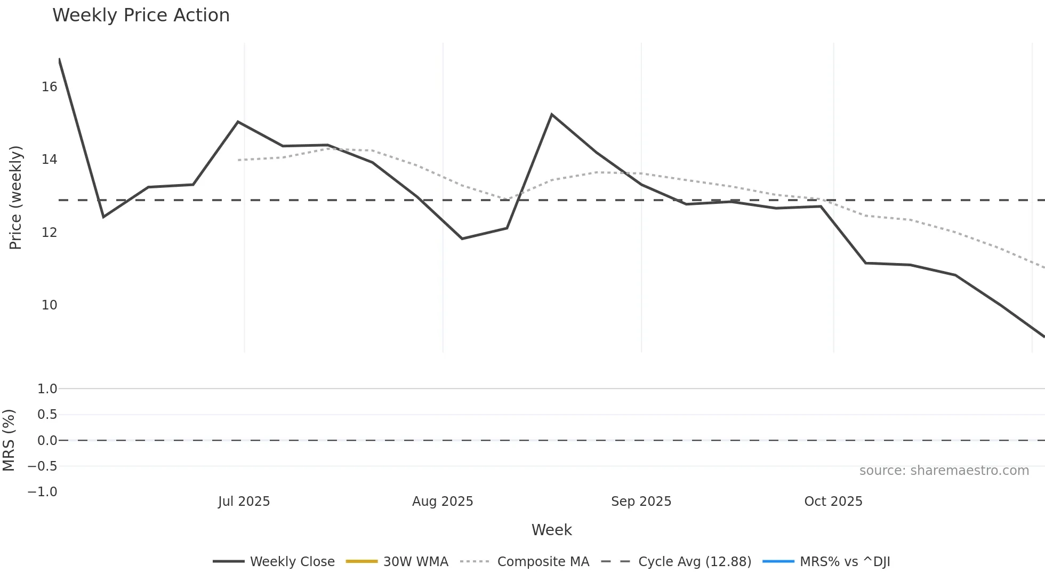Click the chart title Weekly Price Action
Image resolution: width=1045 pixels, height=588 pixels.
pyautogui.click(x=141, y=15)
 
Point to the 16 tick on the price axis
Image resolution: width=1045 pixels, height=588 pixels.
pyautogui.click(x=49, y=87)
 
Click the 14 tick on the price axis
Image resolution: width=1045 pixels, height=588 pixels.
pyautogui.click(x=49, y=160)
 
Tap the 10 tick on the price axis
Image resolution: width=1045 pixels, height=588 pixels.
pyautogui.click(x=49, y=305)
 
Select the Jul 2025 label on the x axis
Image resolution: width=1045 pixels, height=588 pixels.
pyautogui.click(x=244, y=502)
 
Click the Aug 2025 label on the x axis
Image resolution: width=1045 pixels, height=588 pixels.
pyautogui.click(x=443, y=502)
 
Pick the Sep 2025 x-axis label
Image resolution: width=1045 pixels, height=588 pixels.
pyautogui.click(x=641, y=502)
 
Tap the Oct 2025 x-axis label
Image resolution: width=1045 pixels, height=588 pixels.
pyautogui.click(x=833, y=502)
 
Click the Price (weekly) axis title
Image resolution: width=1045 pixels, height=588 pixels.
pyautogui.click(x=16, y=197)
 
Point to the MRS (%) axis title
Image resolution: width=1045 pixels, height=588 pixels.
pyautogui.click(x=9, y=440)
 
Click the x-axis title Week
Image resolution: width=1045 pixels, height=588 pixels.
pyautogui.click(x=551, y=530)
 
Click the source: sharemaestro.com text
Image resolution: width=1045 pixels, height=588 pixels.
pyautogui.click(x=944, y=471)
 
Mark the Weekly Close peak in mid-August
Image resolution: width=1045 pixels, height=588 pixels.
pyautogui.click(x=552, y=115)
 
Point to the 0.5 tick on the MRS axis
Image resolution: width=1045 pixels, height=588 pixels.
pyautogui.click(x=47, y=415)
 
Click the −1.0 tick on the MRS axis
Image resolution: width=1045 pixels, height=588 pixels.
pyautogui.click(x=43, y=492)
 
